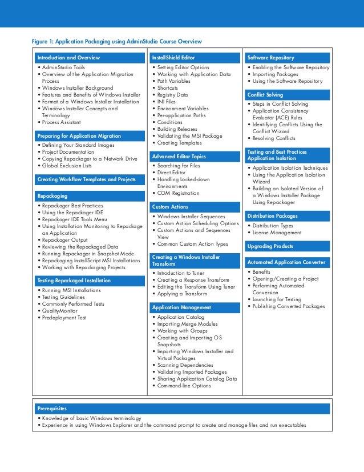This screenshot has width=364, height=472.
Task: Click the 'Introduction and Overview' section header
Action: (68, 58)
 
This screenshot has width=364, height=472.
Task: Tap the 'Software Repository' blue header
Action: (271, 58)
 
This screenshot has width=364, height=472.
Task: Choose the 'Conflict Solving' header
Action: (265, 94)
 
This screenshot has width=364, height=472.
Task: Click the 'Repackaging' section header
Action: (52, 196)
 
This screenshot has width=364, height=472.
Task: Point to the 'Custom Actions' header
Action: (170, 206)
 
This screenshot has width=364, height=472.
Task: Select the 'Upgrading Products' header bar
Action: (270, 246)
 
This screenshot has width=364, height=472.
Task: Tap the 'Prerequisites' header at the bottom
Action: (51, 409)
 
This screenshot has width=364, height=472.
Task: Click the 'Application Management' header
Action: (181, 307)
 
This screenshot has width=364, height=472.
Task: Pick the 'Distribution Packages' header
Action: (272, 216)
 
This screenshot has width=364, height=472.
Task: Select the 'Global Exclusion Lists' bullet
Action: (66, 166)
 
